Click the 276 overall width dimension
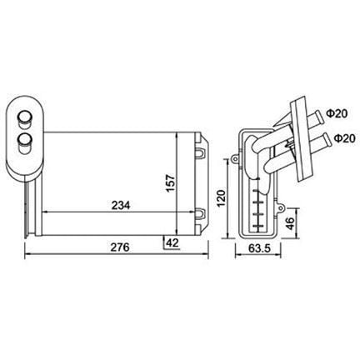(x=120, y=247)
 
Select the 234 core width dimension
(x=121, y=205)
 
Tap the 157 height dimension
(x=170, y=182)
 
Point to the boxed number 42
(x=172, y=242)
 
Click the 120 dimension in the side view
(x=221, y=198)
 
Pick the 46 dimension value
(x=290, y=223)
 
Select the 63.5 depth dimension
(x=259, y=248)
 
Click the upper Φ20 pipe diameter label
(x=337, y=113)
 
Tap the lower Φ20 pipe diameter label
(x=344, y=138)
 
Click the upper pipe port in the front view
(x=24, y=117)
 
